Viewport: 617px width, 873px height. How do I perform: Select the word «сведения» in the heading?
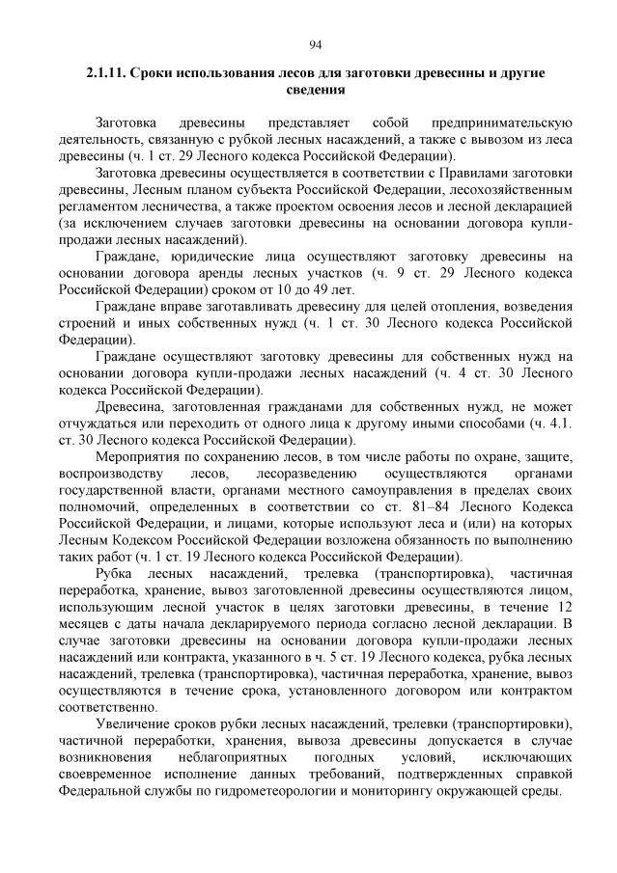[x=315, y=90]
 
